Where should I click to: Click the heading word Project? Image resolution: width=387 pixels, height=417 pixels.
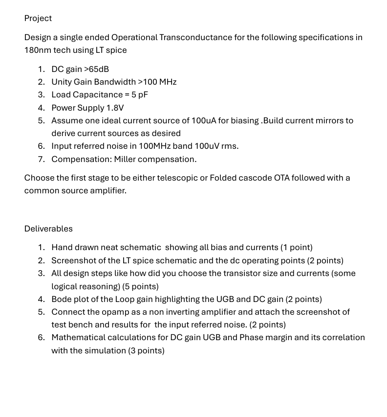pyautogui.click(x=38, y=18)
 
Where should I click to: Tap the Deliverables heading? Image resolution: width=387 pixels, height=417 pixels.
pyautogui.click(x=48, y=229)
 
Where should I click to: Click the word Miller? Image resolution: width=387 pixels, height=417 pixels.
pyautogui.click(x=125, y=159)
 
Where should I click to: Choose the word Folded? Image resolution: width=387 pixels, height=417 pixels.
pyautogui.click(x=223, y=178)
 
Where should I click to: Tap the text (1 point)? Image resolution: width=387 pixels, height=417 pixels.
pyautogui.click(x=297, y=247)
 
